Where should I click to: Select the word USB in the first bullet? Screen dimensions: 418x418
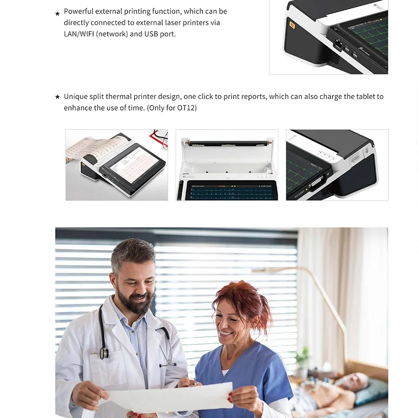pos(151,34)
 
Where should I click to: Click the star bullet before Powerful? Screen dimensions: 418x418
pos(58,13)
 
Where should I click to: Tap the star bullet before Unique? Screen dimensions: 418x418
pos(58,97)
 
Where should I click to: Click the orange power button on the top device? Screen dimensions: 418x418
pos(292,25)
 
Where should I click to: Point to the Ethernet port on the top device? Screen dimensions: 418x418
pos(338,45)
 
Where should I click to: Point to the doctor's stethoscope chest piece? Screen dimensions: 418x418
pos(104,353)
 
